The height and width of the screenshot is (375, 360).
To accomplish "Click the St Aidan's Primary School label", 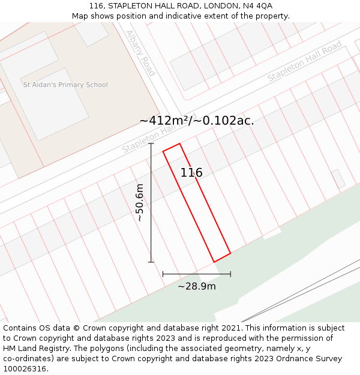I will [65, 85].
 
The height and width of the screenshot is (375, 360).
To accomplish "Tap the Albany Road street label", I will [140, 53].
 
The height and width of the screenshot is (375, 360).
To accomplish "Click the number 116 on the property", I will [191, 173].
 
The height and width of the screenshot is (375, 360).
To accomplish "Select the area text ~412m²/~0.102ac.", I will [197, 121].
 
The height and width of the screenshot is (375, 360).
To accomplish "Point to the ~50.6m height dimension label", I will [140, 203].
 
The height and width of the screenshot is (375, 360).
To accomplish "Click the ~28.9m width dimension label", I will [197, 286].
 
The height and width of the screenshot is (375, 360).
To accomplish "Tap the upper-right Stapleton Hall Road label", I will [304, 61].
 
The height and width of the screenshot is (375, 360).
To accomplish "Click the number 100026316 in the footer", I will [25, 369].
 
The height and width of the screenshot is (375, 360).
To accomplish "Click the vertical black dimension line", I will [151, 203].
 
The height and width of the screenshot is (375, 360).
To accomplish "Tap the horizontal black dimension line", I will [197, 274].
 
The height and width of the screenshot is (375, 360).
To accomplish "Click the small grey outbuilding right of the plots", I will [338, 179].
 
